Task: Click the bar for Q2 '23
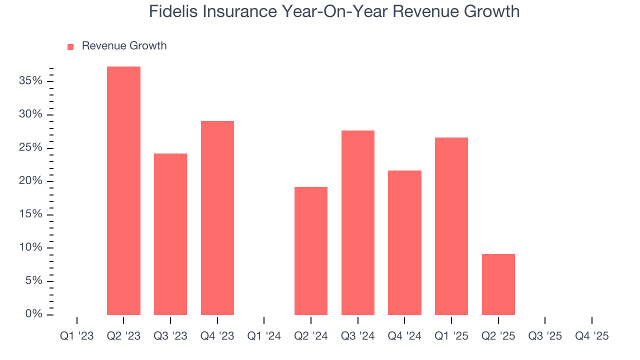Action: (x=123, y=190)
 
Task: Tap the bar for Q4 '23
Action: (x=217, y=218)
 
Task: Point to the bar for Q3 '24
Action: (x=358, y=222)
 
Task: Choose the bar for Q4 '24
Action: (x=404, y=242)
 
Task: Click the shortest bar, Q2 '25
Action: (x=498, y=284)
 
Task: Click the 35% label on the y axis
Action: (x=30, y=81)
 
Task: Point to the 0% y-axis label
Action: (x=33, y=314)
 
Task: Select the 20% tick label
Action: (x=30, y=181)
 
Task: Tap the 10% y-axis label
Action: (x=30, y=247)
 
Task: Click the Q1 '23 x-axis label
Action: (x=76, y=336)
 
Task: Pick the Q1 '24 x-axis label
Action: (x=264, y=336)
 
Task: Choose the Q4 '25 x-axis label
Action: (x=592, y=336)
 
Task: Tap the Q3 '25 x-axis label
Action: (x=545, y=336)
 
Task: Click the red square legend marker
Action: (x=70, y=46)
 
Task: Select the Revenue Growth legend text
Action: (x=124, y=46)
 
